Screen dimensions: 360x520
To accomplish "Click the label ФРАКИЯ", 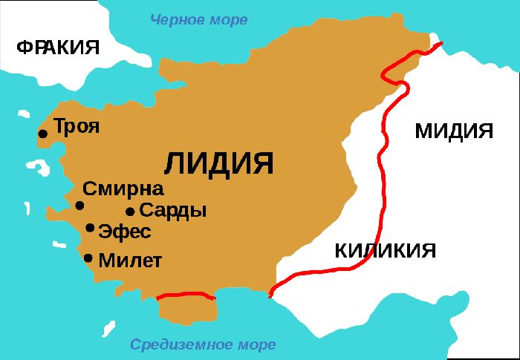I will [58, 48].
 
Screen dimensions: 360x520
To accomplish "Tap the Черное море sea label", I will [199, 19].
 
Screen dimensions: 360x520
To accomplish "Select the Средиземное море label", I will [203, 344].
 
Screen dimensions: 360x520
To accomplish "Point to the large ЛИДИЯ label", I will [218, 163].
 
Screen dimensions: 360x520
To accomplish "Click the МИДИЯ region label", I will [454, 131].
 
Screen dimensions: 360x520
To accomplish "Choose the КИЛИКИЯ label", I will [385, 250].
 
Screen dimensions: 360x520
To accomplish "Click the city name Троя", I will [77, 126].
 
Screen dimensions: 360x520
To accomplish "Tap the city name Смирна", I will [123, 189].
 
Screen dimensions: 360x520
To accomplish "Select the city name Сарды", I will [173, 211].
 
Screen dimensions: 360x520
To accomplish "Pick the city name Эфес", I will [125, 232].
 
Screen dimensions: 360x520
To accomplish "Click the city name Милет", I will [130, 261].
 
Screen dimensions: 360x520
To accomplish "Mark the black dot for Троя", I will [43, 134].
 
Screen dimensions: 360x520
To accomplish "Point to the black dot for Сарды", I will [130, 212].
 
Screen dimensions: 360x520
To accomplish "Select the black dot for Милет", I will [88, 258].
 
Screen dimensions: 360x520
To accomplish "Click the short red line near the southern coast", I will [186, 295].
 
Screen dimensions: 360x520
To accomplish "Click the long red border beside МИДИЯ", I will [380, 163].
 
